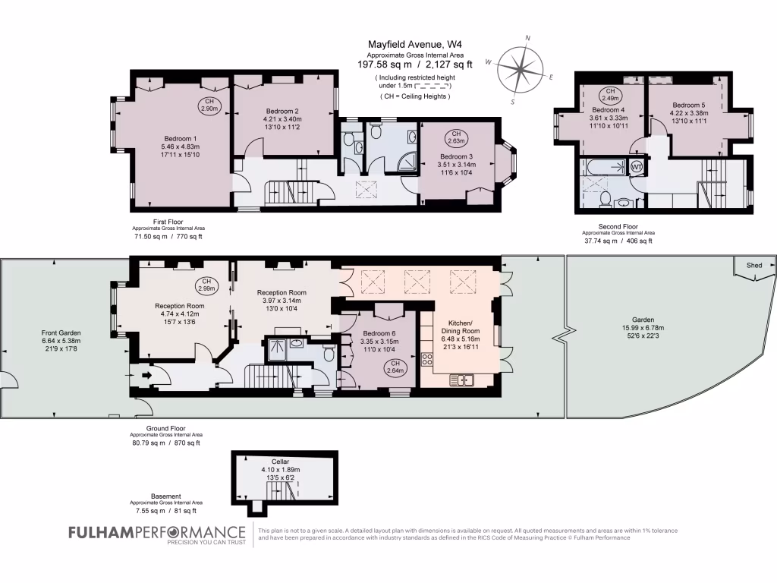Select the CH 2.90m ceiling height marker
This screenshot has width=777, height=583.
(x=209, y=106)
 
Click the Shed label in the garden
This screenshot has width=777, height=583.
(x=753, y=266)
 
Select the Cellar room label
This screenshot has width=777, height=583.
(x=281, y=461)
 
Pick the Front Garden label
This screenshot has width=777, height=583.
(x=61, y=332)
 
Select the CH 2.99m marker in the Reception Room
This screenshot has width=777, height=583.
(x=207, y=285)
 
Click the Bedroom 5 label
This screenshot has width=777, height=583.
(x=688, y=105)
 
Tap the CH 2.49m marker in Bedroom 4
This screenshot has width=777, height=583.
(x=610, y=95)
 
